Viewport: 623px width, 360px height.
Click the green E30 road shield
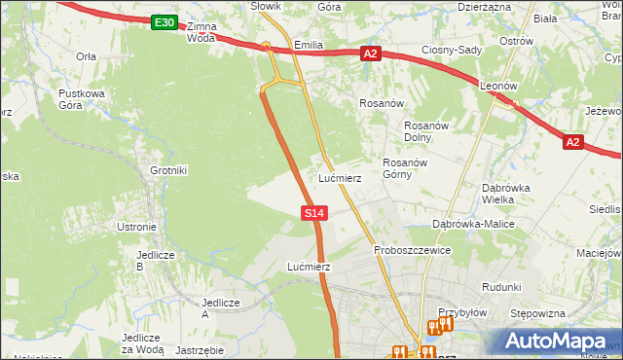[x=165, y=22]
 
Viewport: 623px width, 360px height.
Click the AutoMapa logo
[x=559, y=342]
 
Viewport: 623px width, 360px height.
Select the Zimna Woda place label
[x=200, y=32]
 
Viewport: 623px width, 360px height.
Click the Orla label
[x=86, y=56]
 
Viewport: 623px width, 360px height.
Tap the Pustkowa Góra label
[x=81, y=99]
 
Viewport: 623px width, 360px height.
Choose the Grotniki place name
[x=167, y=170]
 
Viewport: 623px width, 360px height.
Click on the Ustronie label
[x=136, y=227]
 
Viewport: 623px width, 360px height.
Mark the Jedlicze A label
[x=219, y=308]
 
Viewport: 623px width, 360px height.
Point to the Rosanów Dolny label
[x=424, y=131]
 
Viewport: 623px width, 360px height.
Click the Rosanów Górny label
[x=405, y=168]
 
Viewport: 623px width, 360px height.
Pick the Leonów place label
[x=497, y=86]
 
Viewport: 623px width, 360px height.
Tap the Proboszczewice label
[x=413, y=250]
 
